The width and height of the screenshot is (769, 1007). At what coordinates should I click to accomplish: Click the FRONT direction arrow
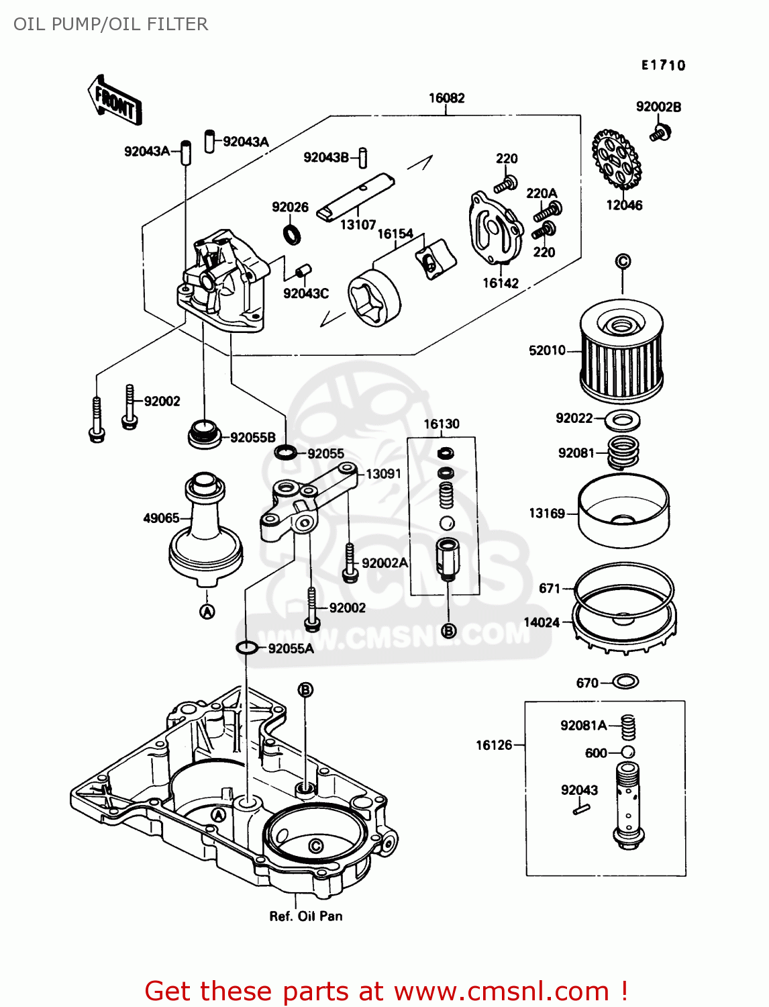pyautogui.click(x=115, y=101)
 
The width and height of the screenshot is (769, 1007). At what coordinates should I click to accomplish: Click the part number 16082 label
pyautogui.click(x=446, y=98)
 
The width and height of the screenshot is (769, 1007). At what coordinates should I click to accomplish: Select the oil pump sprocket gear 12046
pyautogui.click(x=616, y=160)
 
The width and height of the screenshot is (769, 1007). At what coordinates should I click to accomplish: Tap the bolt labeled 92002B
pyautogui.click(x=660, y=132)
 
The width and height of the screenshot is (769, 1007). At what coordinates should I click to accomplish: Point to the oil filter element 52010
pyautogui.click(x=621, y=352)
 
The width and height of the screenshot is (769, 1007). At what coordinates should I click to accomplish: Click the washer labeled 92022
pyautogui.click(x=622, y=421)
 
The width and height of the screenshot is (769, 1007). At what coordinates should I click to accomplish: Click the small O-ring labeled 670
pyautogui.click(x=625, y=682)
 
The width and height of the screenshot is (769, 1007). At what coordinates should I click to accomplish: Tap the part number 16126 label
pyautogui.click(x=494, y=745)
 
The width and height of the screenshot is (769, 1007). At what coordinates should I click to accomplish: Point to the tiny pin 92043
pyautogui.click(x=580, y=810)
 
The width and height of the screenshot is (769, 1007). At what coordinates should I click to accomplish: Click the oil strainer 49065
pyautogui.click(x=205, y=530)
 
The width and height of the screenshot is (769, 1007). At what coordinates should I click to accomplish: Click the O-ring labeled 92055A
pyautogui.click(x=247, y=648)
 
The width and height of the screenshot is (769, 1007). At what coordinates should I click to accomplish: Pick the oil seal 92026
pyautogui.click(x=291, y=234)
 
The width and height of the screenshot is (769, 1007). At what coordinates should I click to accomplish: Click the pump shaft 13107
pyautogui.click(x=356, y=196)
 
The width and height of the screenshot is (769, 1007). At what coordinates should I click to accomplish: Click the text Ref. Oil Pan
pyautogui.click(x=305, y=916)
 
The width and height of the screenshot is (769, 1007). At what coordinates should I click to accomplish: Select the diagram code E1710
pyautogui.click(x=663, y=65)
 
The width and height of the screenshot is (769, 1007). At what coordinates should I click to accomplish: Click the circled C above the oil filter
pyautogui.click(x=623, y=261)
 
